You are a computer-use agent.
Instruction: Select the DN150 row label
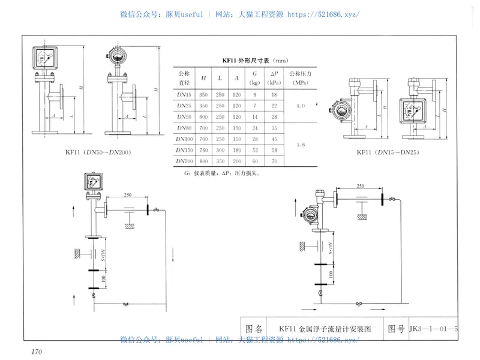pos(184,149)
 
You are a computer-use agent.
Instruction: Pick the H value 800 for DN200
pos(204,161)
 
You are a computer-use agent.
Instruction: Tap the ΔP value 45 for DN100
pos(274,139)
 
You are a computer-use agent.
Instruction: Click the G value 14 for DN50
pos(256,116)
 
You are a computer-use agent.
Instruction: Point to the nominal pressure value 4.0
pos(300,106)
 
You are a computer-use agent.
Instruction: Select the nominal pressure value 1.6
pos(300,144)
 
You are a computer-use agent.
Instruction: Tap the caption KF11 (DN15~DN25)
pos(388,152)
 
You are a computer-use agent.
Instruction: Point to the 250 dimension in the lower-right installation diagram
pos(359,187)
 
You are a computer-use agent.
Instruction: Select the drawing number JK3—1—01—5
pos(433,329)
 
